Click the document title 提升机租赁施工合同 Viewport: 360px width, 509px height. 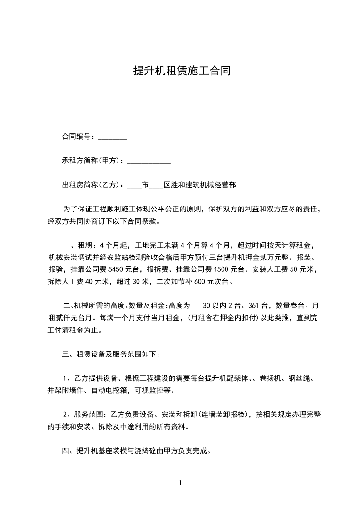tap(180, 71)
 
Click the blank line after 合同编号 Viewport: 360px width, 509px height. tap(113, 137)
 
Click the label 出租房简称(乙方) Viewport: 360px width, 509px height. tap(91, 185)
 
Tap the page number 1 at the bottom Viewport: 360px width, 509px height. tap(180, 483)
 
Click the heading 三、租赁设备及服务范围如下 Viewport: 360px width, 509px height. tap(117, 353)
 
